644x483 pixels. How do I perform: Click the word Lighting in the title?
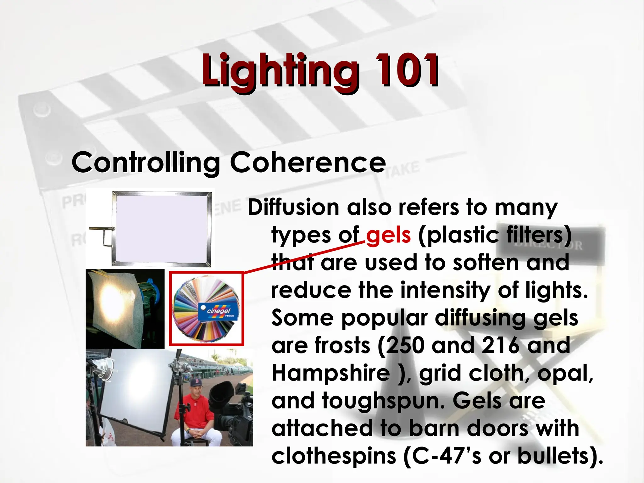[280, 71]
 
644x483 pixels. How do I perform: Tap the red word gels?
[388, 236]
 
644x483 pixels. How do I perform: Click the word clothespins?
[334, 456]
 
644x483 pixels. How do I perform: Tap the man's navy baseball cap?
[196, 384]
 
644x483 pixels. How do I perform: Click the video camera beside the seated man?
[230, 409]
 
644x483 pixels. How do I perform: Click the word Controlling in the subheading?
[146, 163]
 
